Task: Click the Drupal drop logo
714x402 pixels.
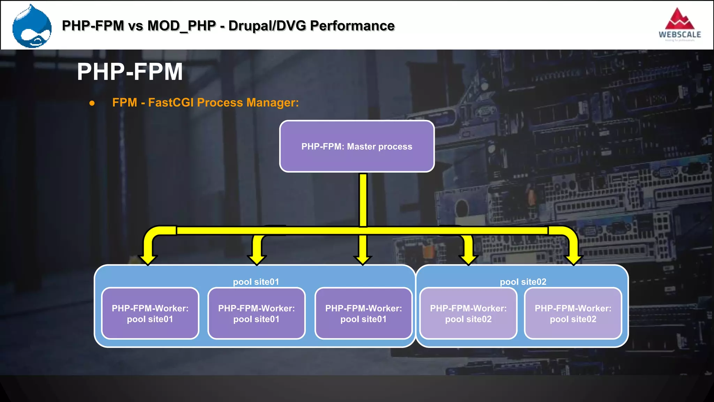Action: tap(32, 27)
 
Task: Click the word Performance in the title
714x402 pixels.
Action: tap(352, 26)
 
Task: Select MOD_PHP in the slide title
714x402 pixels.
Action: tap(182, 26)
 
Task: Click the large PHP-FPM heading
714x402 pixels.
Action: tap(130, 72)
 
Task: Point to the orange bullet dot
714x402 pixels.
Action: tap(92, 103)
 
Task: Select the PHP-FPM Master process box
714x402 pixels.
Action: tap(357, 146)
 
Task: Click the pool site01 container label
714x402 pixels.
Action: tap(256, 282)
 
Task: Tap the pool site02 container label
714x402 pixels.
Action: tap(523, 282)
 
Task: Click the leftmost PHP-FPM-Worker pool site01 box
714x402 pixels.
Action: tap(150, 313)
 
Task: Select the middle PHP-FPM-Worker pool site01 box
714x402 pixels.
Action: tap(256, 313)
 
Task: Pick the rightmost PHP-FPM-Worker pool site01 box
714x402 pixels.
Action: tap(363, 313)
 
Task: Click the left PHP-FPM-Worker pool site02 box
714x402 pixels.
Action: tap(468, 313)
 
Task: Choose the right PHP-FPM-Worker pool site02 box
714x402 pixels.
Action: tap(573, 313)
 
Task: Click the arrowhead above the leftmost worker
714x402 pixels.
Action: tap(148, 260)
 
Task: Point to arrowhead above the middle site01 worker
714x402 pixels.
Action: tap(257, 260)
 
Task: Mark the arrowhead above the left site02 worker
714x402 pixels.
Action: tap(468, 260)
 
